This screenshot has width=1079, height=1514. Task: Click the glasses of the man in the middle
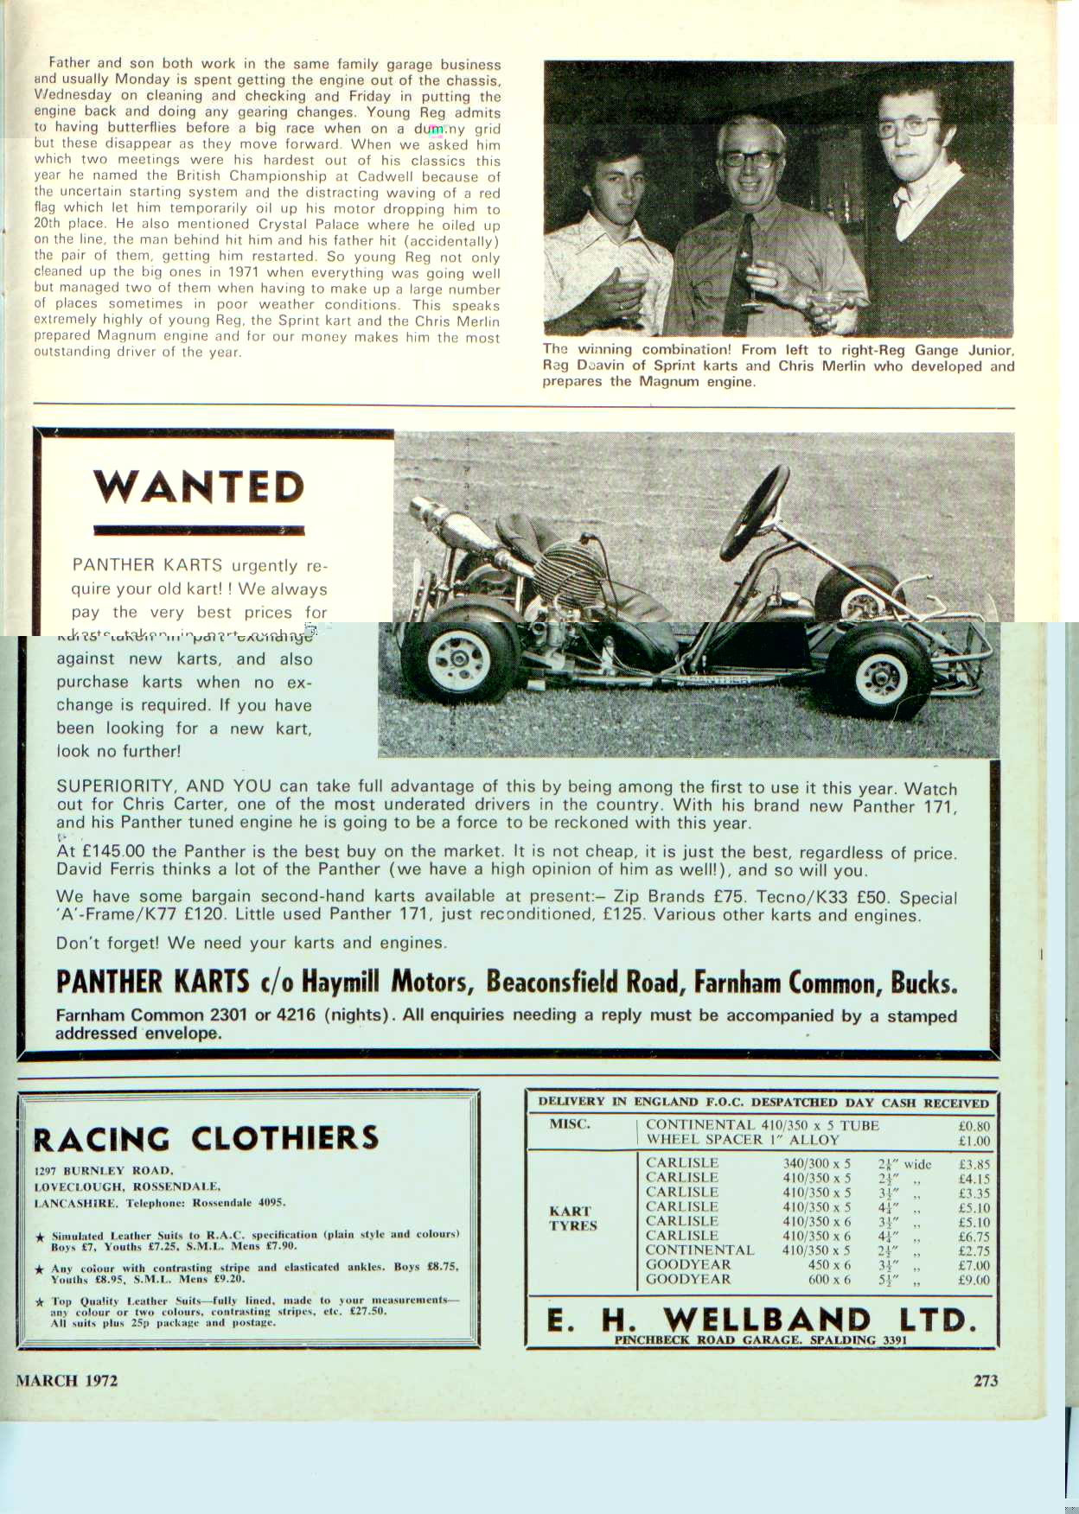point(749,158)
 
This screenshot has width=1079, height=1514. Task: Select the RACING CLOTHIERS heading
point(206,1138)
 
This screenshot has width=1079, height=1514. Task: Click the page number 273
point(986,1380)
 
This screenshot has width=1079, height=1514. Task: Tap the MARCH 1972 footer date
point(67,1380)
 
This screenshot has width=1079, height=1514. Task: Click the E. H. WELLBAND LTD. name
point(762,1320)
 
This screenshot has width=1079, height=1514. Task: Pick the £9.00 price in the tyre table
point(974,1280)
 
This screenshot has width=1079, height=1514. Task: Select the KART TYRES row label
point(571,1218)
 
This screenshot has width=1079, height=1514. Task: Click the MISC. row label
point(570,1124)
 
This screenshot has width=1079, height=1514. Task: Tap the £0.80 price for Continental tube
point(974,1126)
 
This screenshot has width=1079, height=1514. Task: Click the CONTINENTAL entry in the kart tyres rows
point(699,1250)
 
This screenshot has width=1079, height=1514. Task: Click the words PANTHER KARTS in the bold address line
point(152,983)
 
